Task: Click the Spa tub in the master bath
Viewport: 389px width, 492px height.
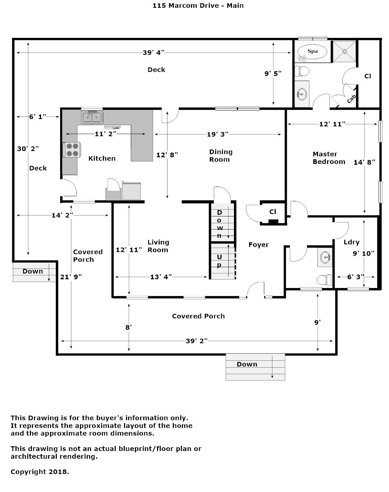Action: [x=312, y=52]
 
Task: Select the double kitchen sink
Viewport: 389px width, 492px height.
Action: [x=92, y=117]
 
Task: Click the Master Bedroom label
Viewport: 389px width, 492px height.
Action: [x=329, y=158]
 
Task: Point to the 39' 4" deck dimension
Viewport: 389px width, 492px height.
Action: [x=153, y=52]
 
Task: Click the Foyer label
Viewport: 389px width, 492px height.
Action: [x=259, y=245]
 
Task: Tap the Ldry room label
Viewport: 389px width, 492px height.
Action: [x=351, y=242]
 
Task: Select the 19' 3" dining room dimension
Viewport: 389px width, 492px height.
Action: [x=218, y=134]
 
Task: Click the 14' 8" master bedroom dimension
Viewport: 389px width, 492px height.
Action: [x=364, y=162]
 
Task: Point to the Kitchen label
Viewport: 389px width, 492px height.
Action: [x=102, y=158]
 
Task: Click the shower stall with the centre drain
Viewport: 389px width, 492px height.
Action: [x=344, y=51]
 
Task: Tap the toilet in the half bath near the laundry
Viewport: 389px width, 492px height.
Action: [x=324, y=280]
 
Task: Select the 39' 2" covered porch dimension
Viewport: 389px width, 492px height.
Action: [x=196, y=341]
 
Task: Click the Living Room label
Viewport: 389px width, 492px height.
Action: [x=158, y=246]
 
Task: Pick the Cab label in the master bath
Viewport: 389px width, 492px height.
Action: [x=351, y=99]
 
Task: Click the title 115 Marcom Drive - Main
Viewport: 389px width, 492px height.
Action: [x=198, y=5]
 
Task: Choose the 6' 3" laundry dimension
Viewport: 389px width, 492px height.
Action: [x=355, y=277]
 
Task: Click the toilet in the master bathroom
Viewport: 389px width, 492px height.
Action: [x=302, y=71]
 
